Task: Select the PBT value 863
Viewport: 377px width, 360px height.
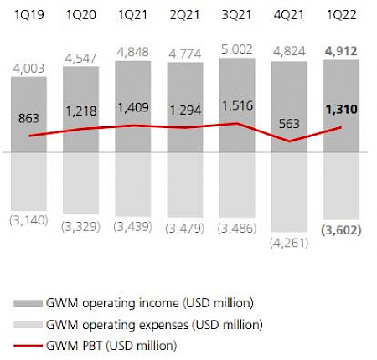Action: (x=28, y=119)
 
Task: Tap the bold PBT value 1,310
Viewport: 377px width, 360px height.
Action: (x=340, y=110)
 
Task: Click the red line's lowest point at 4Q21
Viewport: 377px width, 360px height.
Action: (x=290, y=141)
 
